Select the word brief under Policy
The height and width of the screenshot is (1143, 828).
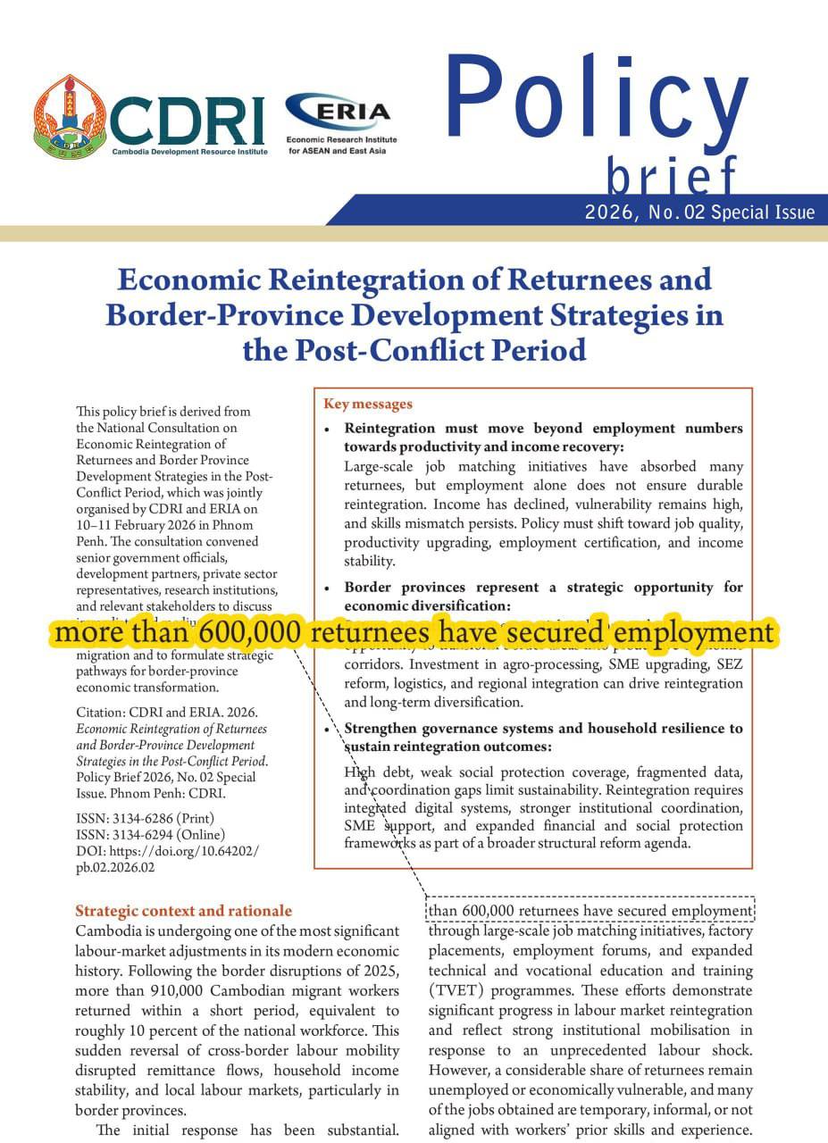point(672,175)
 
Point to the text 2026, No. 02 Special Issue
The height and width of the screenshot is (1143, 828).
point(699,213)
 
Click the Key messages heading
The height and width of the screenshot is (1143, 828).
point(368,404)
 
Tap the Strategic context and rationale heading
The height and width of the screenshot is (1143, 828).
point(183,911)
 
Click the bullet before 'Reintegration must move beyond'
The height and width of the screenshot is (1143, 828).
point(328,429)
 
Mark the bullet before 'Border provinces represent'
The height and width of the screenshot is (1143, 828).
point(328,588)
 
